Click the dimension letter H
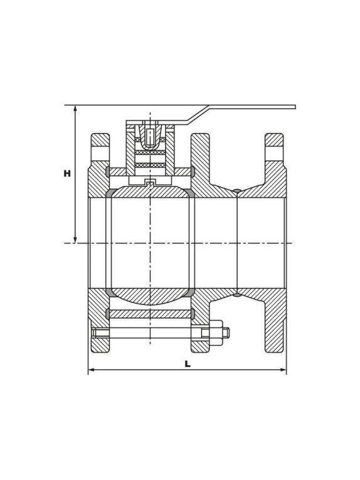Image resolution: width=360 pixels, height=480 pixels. pyautogui.click(x=67, y=173)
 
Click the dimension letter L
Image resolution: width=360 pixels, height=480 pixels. pyautogui.click(x=188, y=364)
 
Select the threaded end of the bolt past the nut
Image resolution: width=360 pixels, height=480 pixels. pyautogui.click(x=226, y=333)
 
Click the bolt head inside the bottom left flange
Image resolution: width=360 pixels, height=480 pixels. pyautogui.click(x=100, y=333)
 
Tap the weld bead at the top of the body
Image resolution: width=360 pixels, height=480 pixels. pyautogui.click(x=237, y=191)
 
